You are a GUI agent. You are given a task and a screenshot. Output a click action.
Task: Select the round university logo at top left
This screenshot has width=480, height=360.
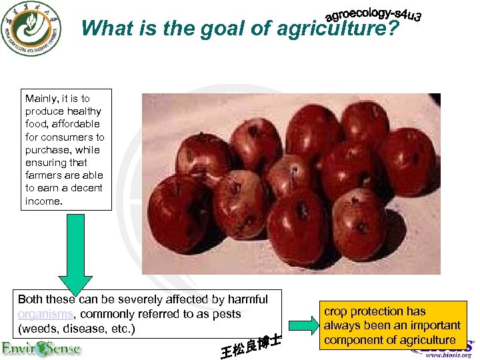tap(31, 29)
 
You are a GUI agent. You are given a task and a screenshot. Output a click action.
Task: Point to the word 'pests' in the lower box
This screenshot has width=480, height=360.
tap(227, 314)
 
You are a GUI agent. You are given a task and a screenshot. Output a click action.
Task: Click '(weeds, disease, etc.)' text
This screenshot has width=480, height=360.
tap(77, 329)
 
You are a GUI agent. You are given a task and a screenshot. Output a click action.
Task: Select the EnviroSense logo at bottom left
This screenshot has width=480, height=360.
tap(41, 348)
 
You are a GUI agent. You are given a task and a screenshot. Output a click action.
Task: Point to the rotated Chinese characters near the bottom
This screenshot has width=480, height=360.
tap(251, 345)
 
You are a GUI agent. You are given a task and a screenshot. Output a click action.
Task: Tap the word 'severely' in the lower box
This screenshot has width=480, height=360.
tap(133, 299)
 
